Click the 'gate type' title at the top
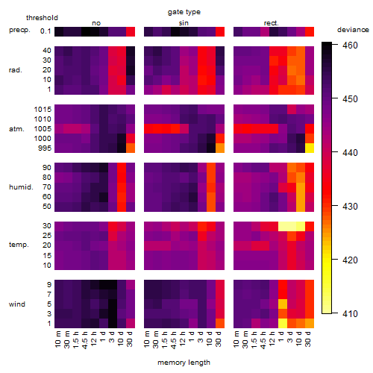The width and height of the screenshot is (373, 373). [x=184, y=12]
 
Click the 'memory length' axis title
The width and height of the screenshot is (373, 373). [x=184, y=363]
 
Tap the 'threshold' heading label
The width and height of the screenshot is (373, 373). [x=42, y=18]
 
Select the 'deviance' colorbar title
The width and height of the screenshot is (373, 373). [x=353, y=30]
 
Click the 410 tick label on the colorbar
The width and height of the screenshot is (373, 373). [x=350, y=314]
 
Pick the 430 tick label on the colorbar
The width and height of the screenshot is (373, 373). [x=350, y=207]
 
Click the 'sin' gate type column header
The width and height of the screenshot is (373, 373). [x=184, y=23]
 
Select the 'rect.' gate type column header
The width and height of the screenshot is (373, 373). [x=271, y=23]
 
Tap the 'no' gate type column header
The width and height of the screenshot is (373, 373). [x=96, y=23]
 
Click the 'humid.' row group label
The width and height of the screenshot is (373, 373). [x=21, y=187]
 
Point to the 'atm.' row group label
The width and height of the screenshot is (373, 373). [x=16, y=129]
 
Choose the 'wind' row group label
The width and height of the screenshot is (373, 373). [x=17, y=304]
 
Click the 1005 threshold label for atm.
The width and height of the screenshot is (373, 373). [x=43, y=129]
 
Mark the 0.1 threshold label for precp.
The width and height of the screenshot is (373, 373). [x=46, y=31]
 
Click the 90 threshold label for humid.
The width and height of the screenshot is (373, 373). [x=47, y=168]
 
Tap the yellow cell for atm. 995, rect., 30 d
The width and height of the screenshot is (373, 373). [x=310, y=148]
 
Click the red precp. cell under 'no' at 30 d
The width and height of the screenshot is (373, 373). [x=131, y=31]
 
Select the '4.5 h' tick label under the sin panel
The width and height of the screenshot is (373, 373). [x=173, y=339]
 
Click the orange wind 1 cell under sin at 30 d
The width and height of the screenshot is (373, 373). [x=220, y=323]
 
